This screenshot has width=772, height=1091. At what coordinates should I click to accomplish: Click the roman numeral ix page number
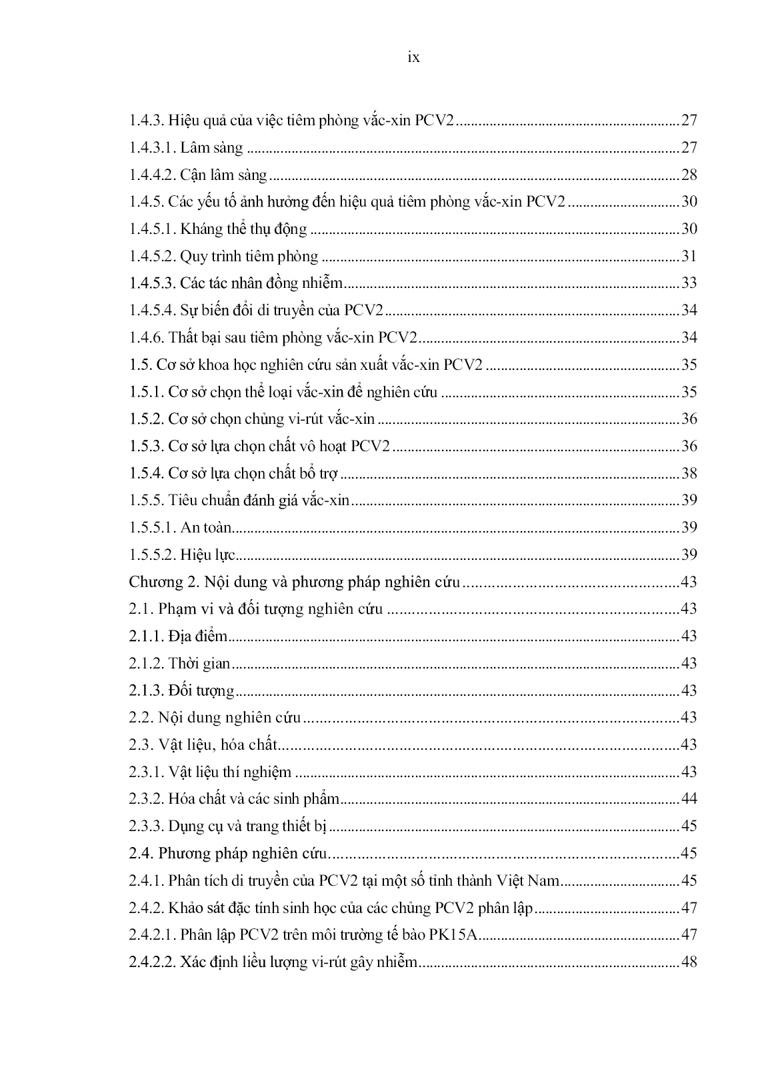413,57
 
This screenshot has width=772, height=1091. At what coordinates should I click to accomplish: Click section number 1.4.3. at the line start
146,121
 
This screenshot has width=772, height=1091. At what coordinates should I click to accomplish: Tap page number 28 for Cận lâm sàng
689,175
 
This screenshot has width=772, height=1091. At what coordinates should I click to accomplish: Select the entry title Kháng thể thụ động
243,229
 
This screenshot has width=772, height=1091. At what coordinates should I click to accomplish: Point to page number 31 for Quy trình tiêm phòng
689,257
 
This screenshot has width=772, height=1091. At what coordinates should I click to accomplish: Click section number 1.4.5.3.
152,283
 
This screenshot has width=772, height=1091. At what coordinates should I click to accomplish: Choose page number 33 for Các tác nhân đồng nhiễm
689,283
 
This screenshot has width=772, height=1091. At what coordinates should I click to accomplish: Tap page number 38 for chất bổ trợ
689,473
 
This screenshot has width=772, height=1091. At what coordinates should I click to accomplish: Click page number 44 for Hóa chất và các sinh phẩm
689,799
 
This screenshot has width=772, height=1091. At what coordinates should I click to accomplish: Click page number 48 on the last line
689,962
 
